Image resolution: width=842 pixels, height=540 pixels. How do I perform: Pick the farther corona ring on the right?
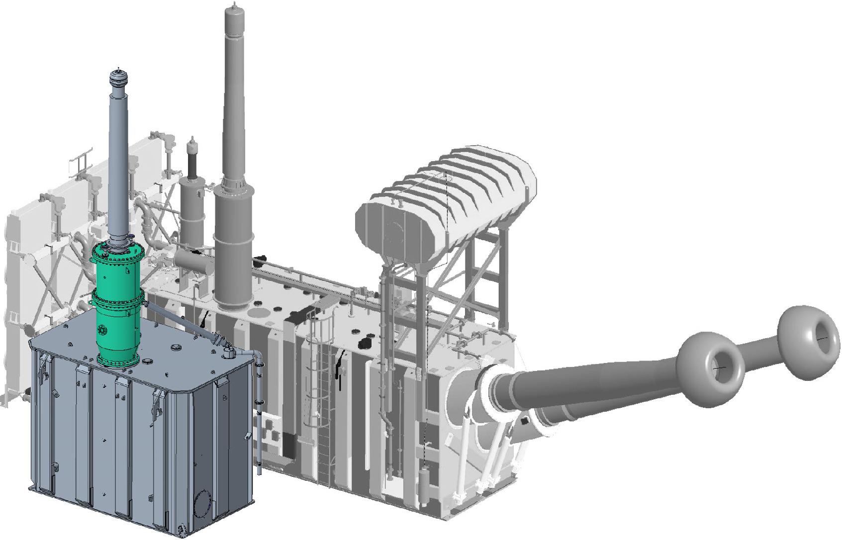point(808,343)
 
